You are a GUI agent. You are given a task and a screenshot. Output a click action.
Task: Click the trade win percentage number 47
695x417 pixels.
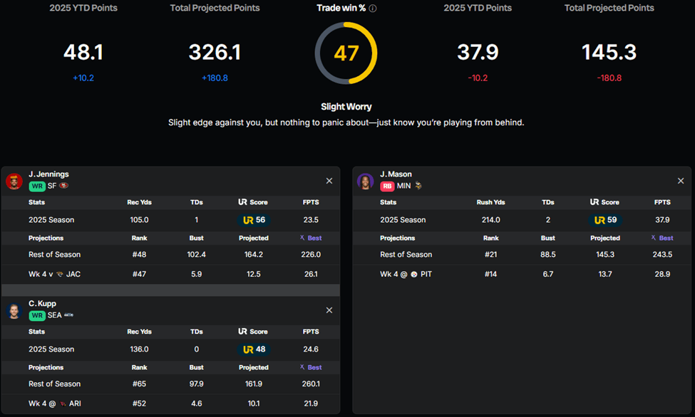tap(346, 53)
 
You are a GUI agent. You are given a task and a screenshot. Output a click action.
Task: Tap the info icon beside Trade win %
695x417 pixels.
tap(373, 9)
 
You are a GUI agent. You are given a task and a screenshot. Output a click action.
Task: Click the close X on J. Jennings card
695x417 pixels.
tap(329, 181)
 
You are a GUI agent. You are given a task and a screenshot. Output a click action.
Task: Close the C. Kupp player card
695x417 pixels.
tap(329, 310)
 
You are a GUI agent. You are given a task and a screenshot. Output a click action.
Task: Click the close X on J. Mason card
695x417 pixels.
tap(681, 181)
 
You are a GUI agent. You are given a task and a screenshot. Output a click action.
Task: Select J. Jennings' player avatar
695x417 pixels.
tap(14, 181)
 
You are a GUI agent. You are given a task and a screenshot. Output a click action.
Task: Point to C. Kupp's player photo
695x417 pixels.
tap(14, 310)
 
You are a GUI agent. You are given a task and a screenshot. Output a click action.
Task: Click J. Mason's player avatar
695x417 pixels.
tap(366, 181)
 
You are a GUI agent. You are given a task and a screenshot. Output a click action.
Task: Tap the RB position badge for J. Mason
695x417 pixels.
tap(387, 186)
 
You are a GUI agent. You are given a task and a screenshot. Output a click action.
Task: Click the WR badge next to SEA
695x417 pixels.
tap(36, 315)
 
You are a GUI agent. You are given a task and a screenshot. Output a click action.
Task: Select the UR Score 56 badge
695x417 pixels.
tap(253, 220)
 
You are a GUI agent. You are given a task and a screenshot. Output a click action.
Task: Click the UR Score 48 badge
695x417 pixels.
tap(253, 349)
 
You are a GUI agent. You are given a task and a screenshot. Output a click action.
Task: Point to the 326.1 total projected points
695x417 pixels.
tap(215, 53)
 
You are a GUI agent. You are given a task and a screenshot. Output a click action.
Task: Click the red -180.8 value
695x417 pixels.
tap(609, 78)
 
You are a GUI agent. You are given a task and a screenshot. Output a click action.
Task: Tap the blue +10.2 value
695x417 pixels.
tap(83, 78)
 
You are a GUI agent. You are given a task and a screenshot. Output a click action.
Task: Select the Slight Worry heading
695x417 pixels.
tap(346, 107)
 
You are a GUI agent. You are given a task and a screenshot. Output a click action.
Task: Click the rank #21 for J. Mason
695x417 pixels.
tap(490, 254)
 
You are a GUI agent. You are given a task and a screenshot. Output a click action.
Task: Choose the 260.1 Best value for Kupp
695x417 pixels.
tap(311, 384)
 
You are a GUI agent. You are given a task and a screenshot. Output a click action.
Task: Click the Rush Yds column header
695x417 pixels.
tap(490, 202)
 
